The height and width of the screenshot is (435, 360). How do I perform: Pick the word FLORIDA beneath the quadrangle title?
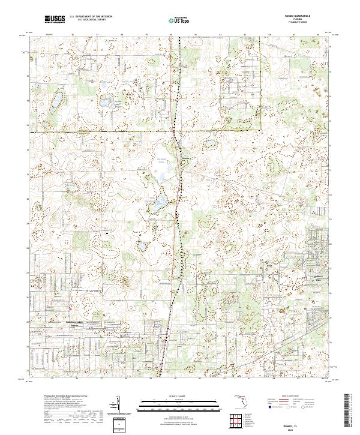click(302, 20)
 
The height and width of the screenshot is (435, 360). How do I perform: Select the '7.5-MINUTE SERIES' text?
click(302, 23)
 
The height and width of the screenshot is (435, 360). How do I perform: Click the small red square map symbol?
click(70, 309)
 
